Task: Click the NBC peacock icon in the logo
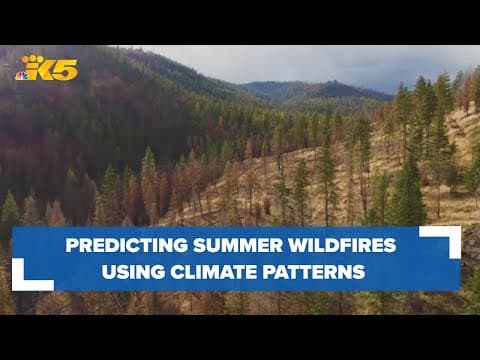[x=21, y=75]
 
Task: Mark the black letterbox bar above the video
[x=240, y=22]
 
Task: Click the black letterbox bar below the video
[x=240, y=337]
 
